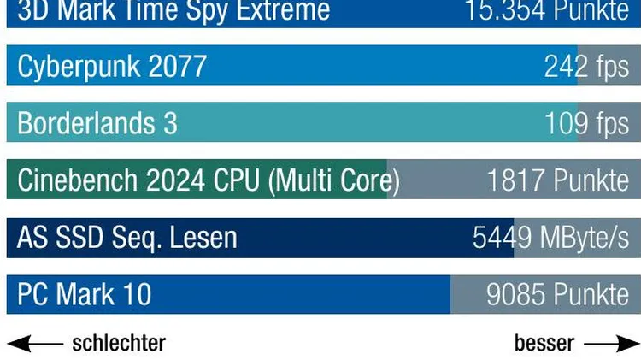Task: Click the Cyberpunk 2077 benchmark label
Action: [x=112, y=67]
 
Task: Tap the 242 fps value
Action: [x=586, y=67]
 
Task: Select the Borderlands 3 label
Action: [x=97, y=124]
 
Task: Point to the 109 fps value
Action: [x=587, y=124]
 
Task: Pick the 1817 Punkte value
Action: [x=557, y=180]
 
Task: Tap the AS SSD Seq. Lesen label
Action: [x=127, y=238]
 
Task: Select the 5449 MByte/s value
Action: [x=550, y=238]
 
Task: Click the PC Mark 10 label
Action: [x=85, y=295]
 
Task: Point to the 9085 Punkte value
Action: [x=557, y=295]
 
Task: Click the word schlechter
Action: [x=119, y=344]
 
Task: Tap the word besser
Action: [x=544, y=344]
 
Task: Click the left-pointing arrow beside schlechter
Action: [x=35, y=344]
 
